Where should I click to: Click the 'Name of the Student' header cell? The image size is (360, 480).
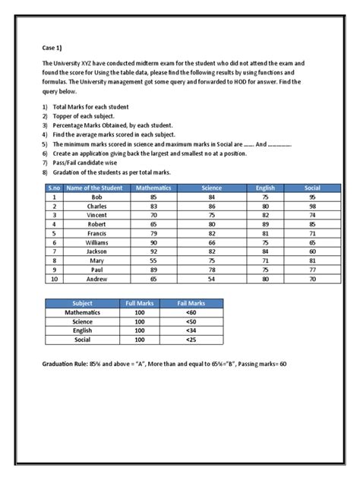(96, 187)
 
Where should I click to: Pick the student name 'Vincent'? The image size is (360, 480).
(96, 215)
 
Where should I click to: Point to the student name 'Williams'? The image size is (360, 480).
(96, 242)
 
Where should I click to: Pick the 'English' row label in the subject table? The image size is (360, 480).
(81, 330)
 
